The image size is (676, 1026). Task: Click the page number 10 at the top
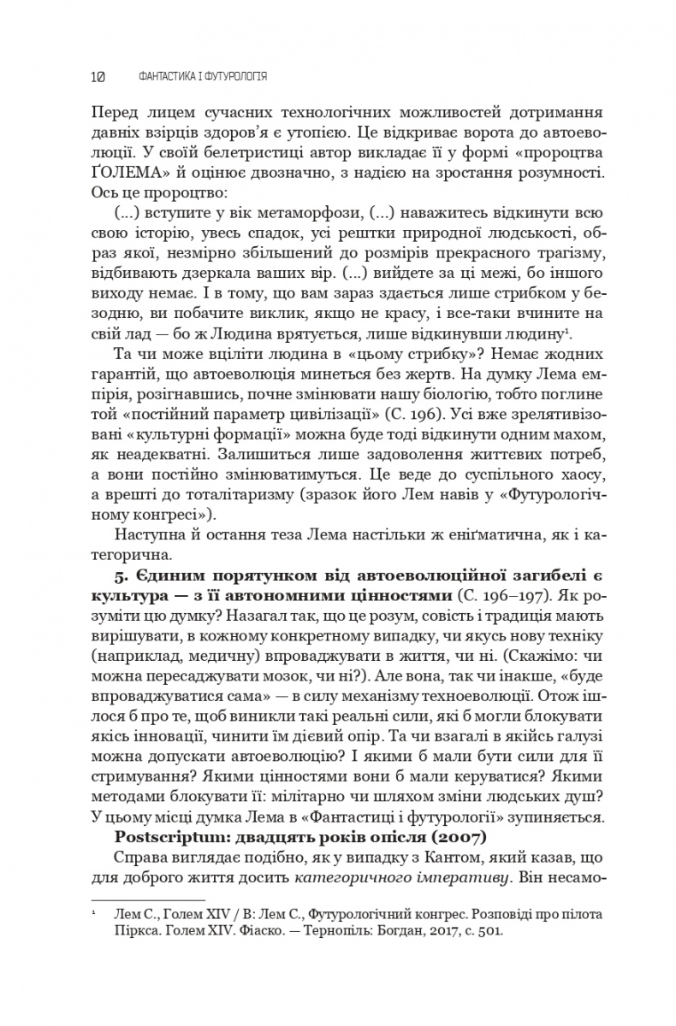click(97, 77)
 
